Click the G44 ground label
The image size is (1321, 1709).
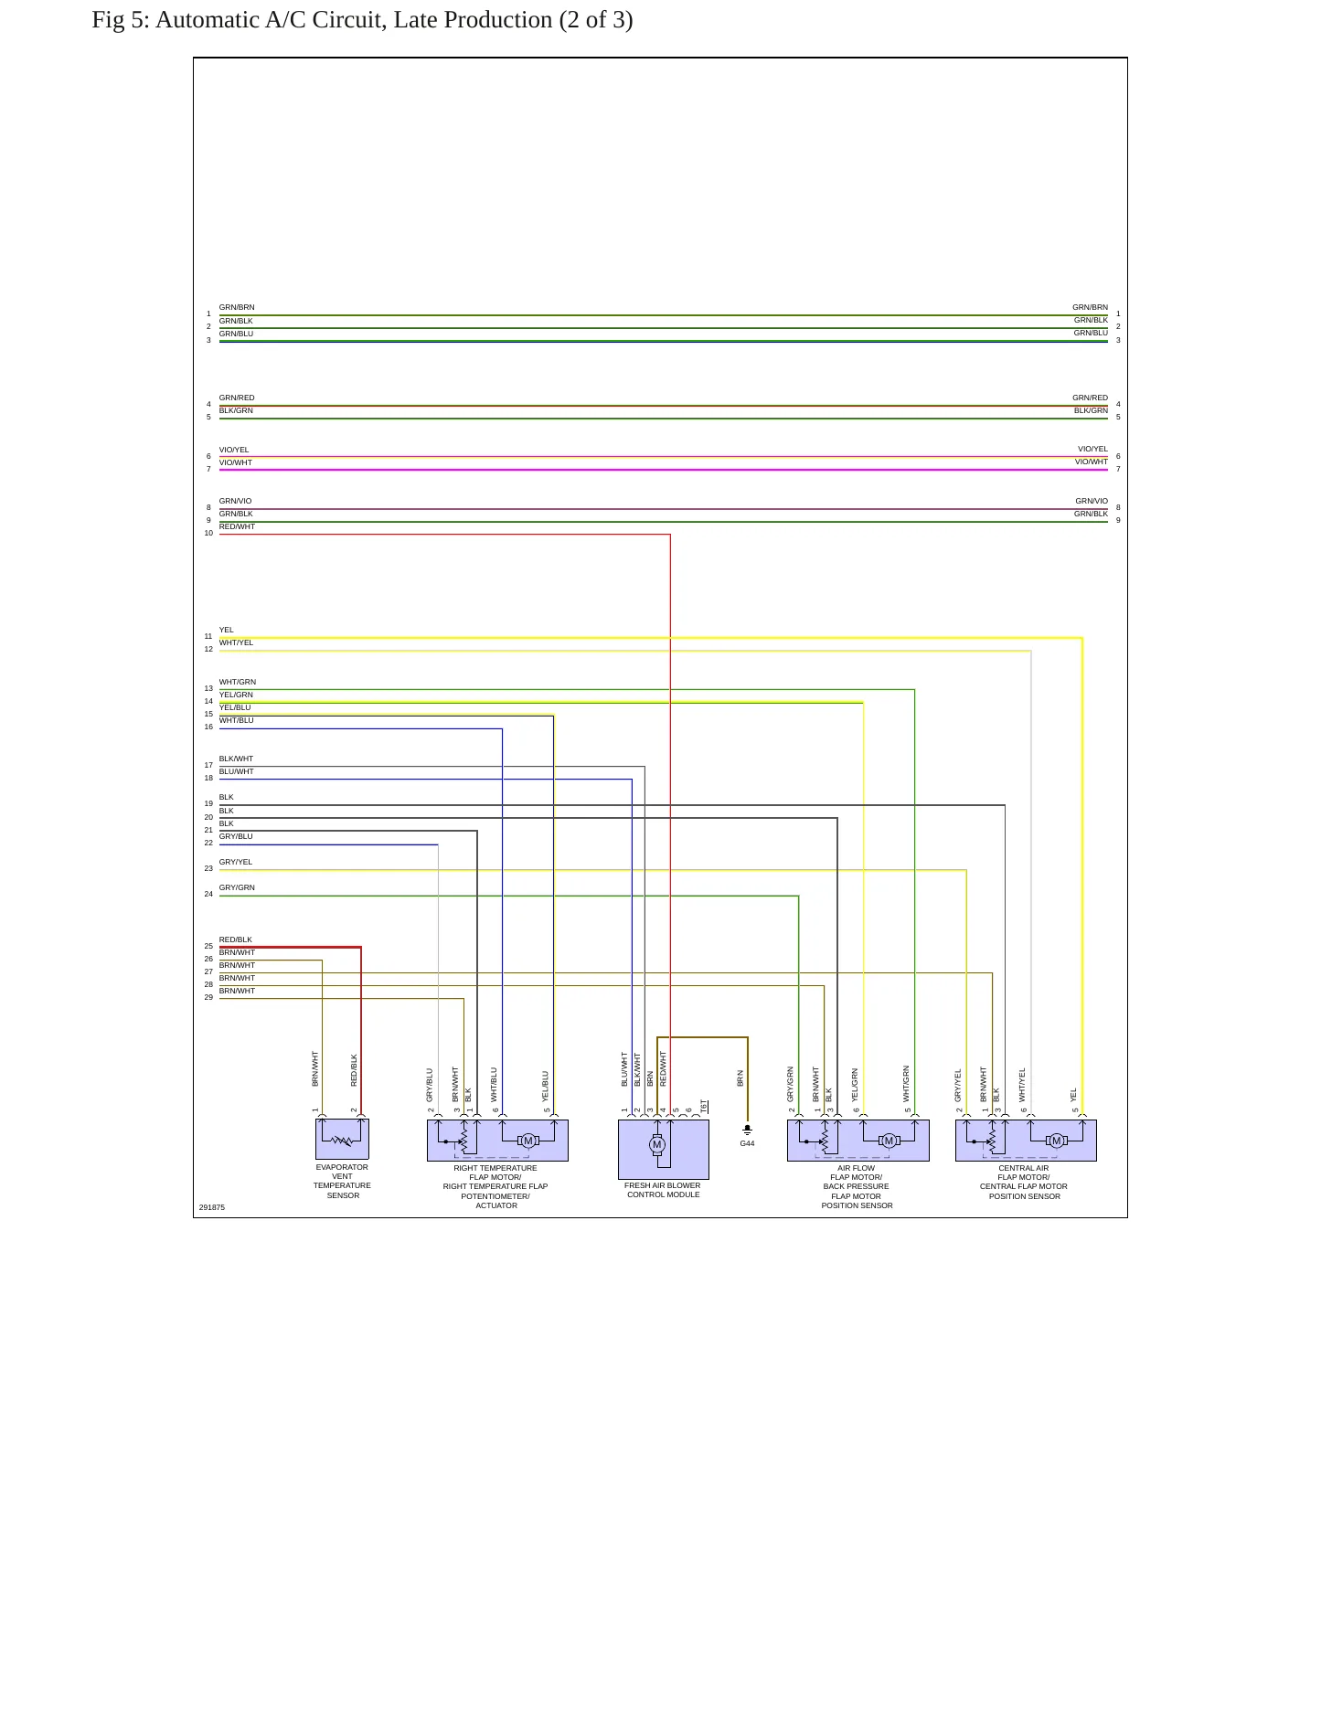pos(747,1143)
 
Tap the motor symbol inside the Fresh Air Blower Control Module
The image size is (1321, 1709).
pos(656,1144)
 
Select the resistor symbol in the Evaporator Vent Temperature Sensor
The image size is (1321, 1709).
pos(342,1141)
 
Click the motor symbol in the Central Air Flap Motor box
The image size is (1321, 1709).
pos(1056,1141)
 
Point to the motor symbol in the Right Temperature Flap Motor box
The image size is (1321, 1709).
pos(527,1141)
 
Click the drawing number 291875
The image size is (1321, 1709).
pos(212,1207)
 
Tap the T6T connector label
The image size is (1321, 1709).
pos(703,1106)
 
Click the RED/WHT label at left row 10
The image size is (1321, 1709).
pos(237,526)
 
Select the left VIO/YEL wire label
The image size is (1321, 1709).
pos(234,450)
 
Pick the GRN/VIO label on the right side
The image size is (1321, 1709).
pos(1092,501)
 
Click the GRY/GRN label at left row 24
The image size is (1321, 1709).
pos(237,887)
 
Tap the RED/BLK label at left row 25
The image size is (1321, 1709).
pos(236,939)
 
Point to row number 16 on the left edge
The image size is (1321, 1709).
pos(208,727)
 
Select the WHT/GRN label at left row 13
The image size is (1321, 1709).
pos(238,682)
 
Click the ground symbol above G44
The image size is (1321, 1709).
pos(747,1130)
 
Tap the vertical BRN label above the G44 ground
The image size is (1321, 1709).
pos(740,1078)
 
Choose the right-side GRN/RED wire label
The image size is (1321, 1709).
pos(1091,398)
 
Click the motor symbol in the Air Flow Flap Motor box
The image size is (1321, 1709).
pos(889,1141)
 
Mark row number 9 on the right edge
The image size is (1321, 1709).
pos(1118,520)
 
